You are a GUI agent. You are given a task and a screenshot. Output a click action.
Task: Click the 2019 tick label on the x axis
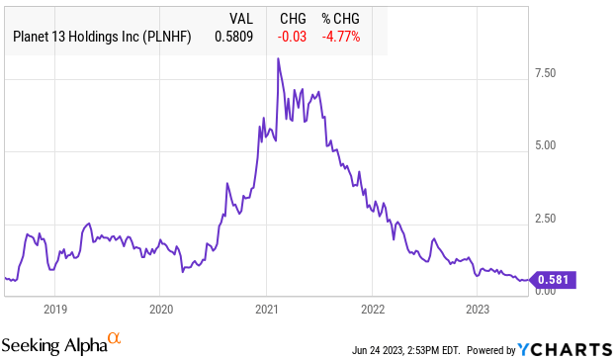55,308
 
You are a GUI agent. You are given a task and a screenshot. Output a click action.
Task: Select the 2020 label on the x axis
161,308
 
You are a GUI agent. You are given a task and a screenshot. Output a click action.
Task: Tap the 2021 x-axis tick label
266,308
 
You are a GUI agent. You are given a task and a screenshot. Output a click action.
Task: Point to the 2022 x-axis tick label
372,308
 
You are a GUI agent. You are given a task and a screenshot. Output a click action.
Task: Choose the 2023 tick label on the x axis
477,308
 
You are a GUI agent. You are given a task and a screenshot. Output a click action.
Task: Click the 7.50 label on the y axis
546,73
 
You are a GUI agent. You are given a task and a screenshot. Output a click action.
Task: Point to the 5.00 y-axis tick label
546,145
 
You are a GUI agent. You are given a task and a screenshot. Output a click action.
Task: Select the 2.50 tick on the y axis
546,218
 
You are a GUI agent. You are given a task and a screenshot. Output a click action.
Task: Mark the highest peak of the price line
278,59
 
